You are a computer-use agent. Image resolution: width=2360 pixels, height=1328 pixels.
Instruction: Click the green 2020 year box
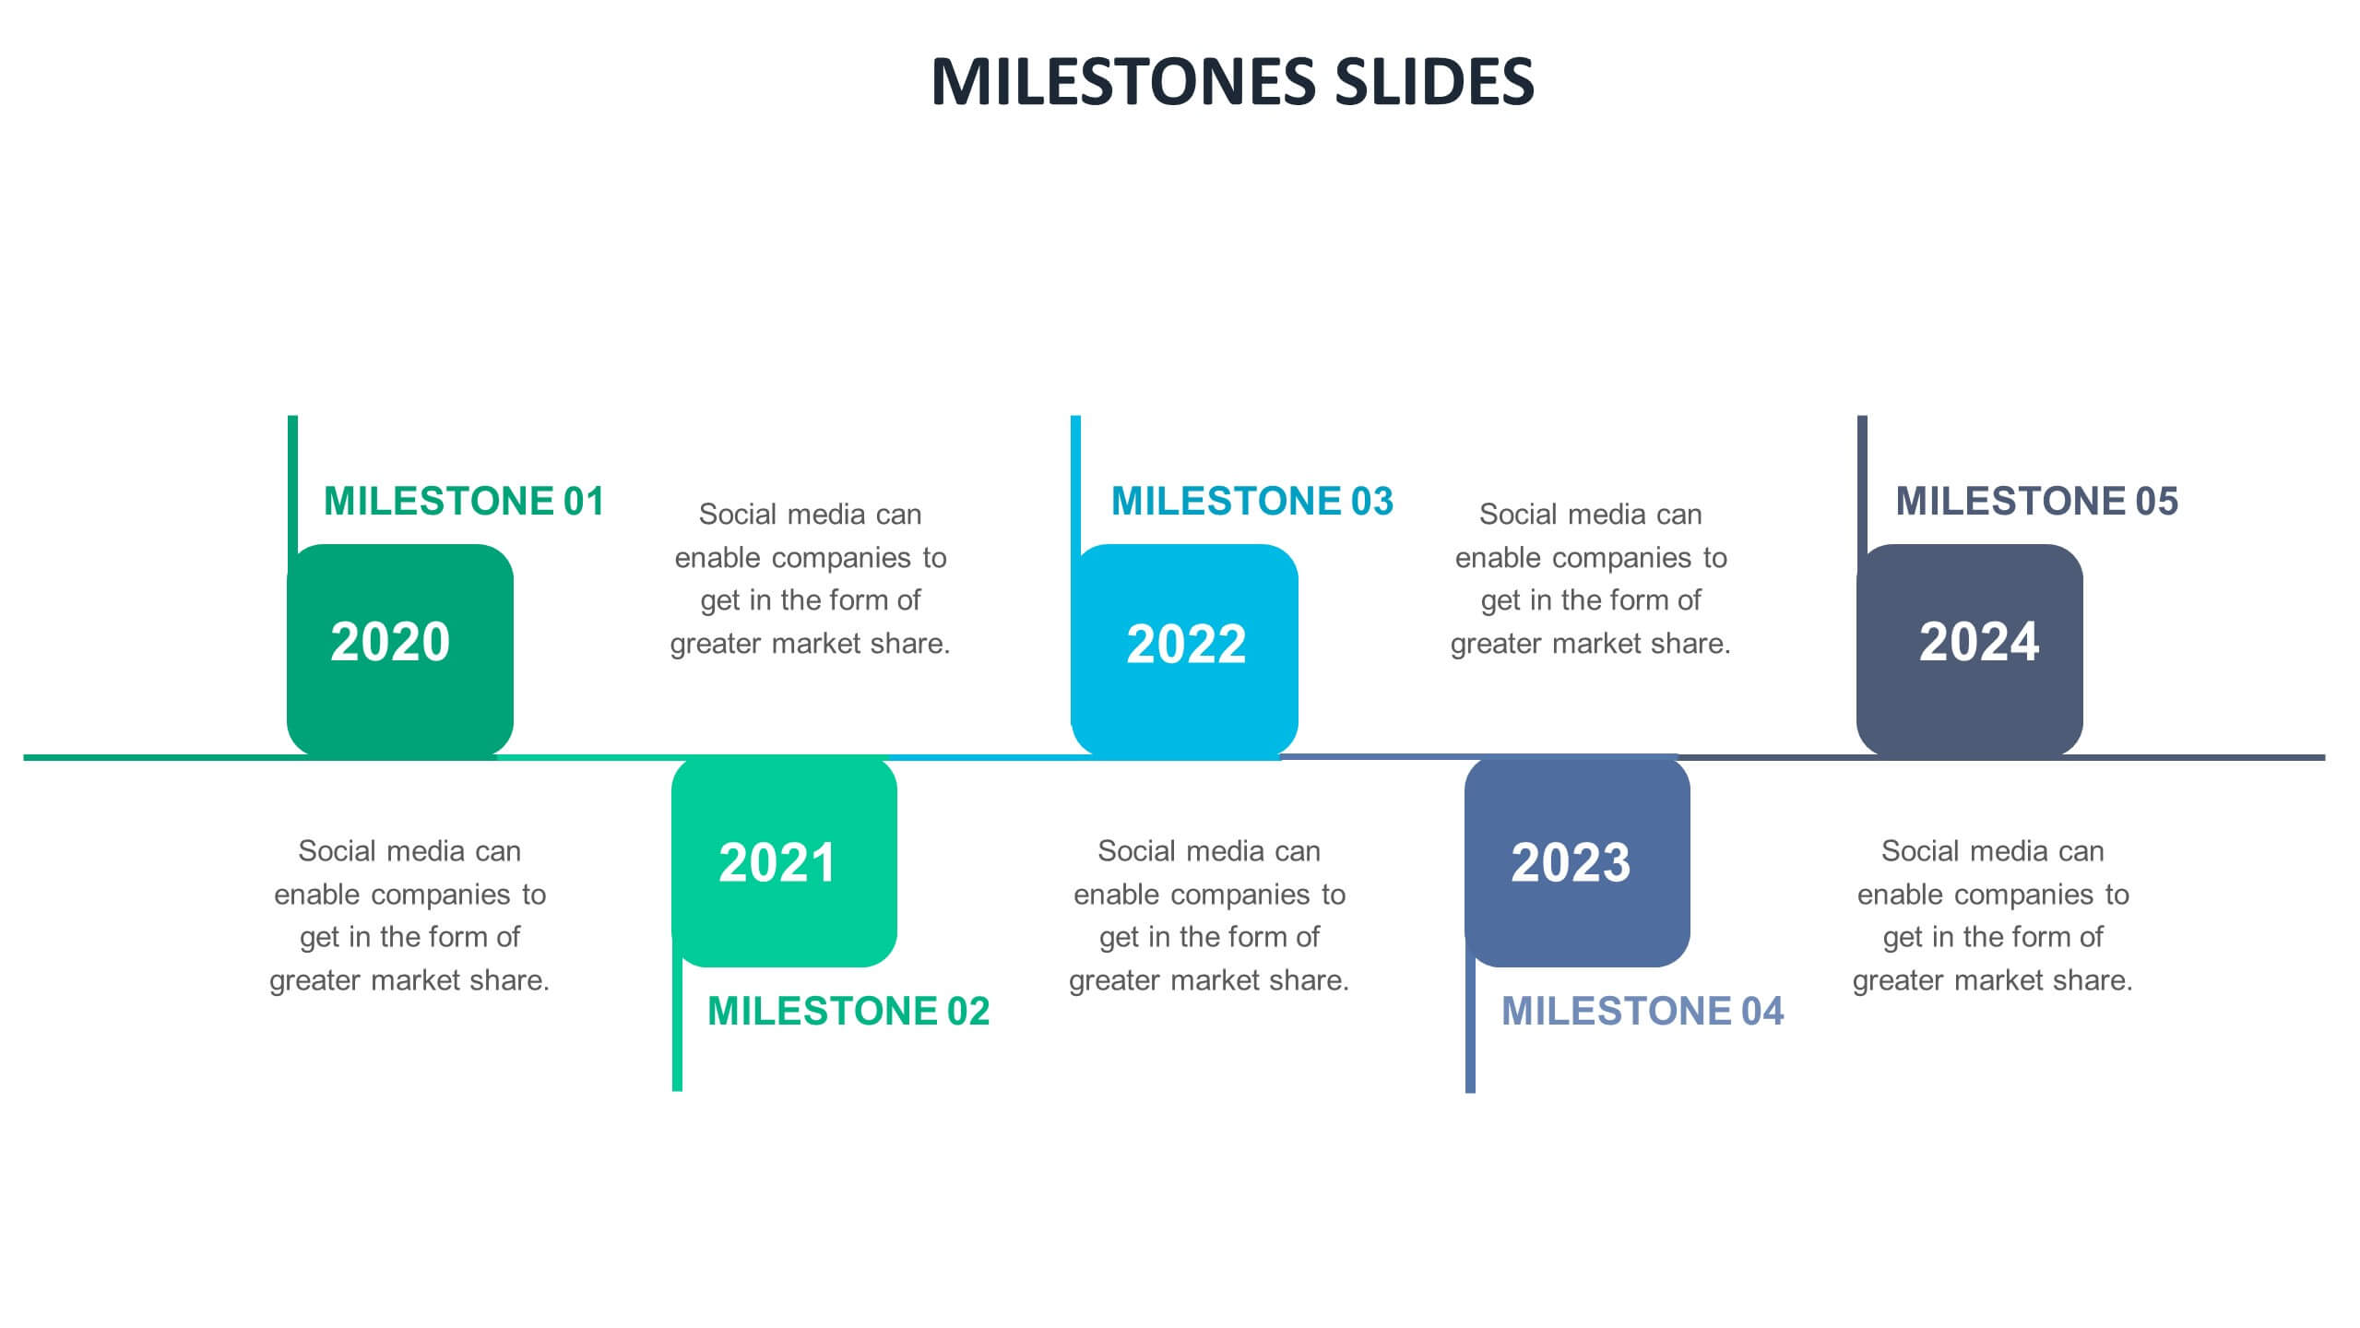click(x=399, y=650)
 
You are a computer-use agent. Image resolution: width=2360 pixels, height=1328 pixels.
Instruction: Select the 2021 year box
click(x=784, y=862)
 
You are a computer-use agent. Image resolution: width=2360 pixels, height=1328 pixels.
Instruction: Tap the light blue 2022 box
click(x=1184, y=650)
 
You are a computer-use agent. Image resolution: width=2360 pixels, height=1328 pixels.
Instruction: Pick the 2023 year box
click(x=1577, y=862)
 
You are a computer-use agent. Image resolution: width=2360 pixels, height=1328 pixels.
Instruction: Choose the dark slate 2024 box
click(x=1969, y=650)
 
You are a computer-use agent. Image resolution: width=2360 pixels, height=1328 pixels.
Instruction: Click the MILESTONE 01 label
click(x=464, y=502)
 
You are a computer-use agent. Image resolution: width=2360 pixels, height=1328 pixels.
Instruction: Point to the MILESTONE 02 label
click(x=848, y=1012)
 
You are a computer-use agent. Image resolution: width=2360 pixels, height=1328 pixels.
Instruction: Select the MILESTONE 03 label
click(x=1252, y=502)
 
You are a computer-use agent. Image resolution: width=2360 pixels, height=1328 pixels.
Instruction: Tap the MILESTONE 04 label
click(x=1643, y=1012)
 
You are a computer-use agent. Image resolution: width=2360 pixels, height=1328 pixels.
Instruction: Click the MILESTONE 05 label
click(x=2037, y=502)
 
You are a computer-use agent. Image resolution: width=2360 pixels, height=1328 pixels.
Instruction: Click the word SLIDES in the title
click(x=1434, y=81)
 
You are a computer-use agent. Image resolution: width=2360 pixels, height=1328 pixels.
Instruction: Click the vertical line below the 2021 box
click(x=677, y=1024)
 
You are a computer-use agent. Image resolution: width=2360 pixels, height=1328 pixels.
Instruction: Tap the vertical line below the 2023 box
click(x=1470, y=1025)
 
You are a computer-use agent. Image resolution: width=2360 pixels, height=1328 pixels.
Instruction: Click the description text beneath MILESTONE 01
click(x=409, y=915)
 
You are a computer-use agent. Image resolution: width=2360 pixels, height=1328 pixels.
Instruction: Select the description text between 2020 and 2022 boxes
click(x=811, y=578)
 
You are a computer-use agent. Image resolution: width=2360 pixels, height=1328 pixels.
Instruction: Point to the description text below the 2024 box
click(x=1993, y=915)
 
